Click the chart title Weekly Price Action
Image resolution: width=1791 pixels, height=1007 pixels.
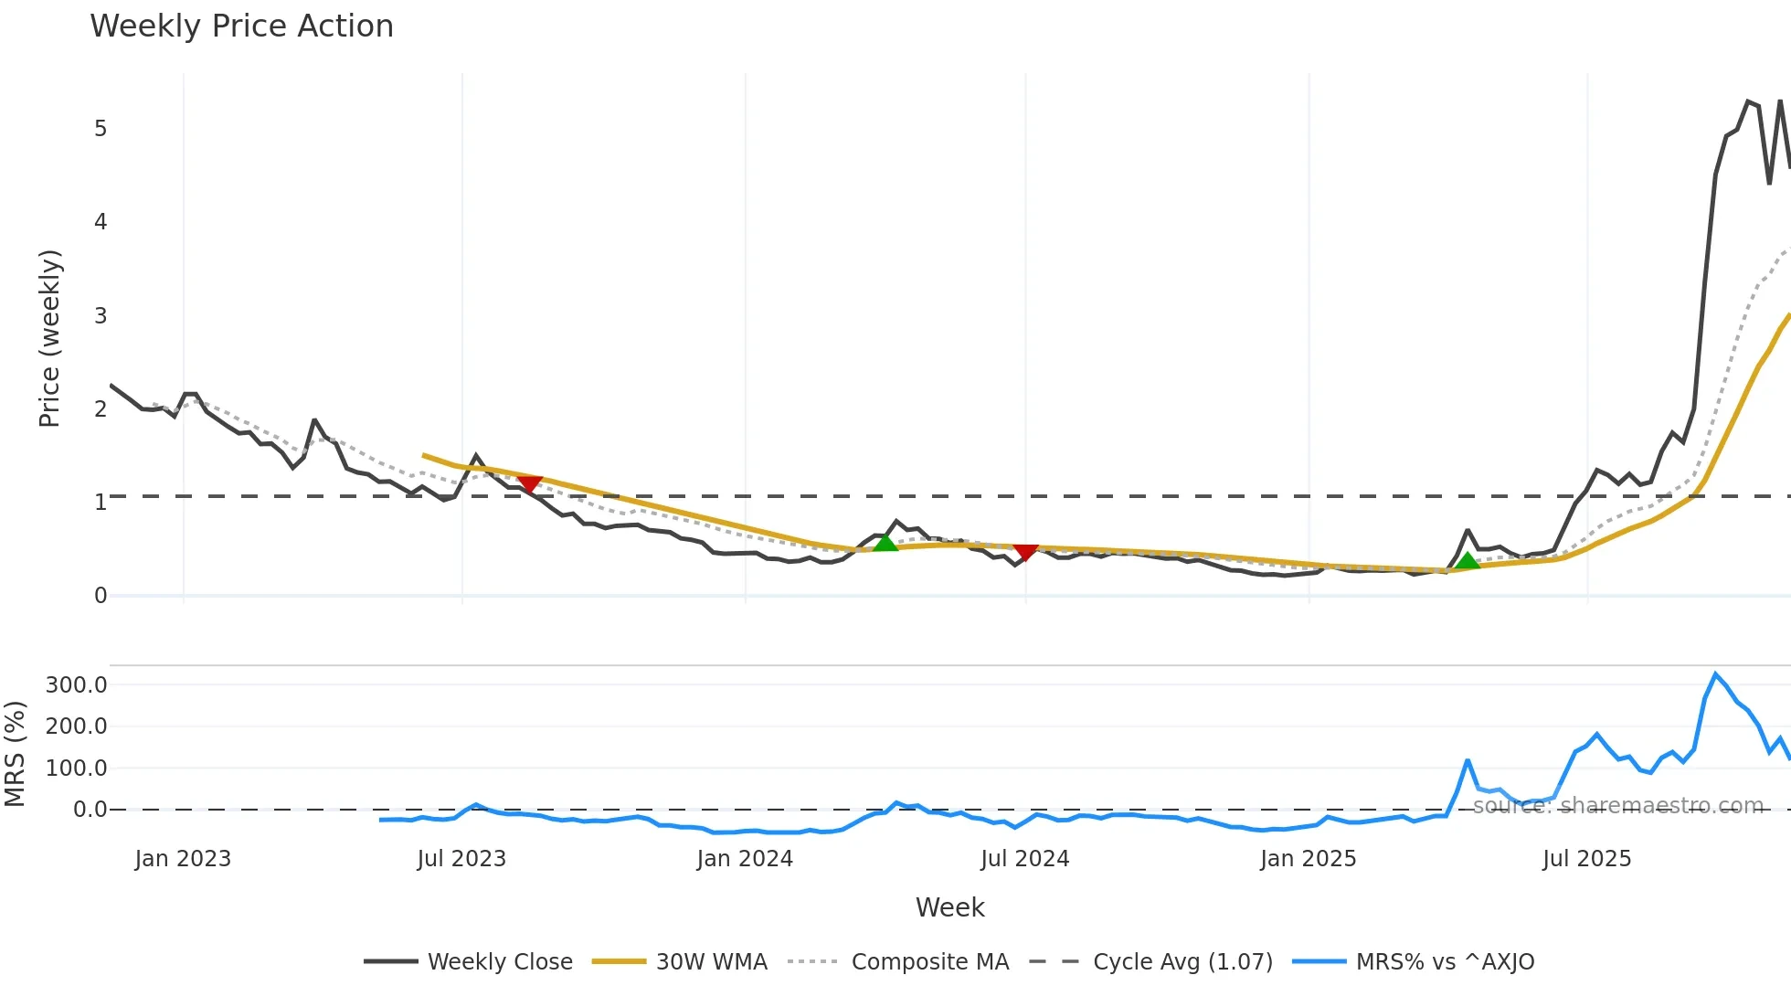[242, 26]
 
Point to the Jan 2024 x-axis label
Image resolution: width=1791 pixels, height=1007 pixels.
[745, 859]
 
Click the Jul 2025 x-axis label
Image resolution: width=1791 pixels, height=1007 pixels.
[1587, 859]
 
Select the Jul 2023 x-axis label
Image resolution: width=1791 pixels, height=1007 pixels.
[461, 859]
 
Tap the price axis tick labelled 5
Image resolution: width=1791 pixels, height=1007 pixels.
[101, 129]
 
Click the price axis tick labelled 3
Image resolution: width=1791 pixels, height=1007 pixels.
[101, 316]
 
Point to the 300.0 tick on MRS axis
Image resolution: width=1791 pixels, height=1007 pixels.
[77, 685]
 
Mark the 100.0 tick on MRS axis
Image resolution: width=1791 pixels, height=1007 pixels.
[77, 768]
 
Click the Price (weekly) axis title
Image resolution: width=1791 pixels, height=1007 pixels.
[49, 338]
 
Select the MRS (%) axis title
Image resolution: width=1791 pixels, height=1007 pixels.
[15, 754]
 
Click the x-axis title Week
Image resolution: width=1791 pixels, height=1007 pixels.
[950, 907]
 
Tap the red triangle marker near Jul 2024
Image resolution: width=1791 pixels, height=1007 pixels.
[1026, 552]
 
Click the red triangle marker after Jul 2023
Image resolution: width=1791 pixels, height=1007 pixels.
[529, 483]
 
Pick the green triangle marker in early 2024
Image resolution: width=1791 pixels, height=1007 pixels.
[885, 543]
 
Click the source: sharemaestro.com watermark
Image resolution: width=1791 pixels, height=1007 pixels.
[1617, 806]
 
